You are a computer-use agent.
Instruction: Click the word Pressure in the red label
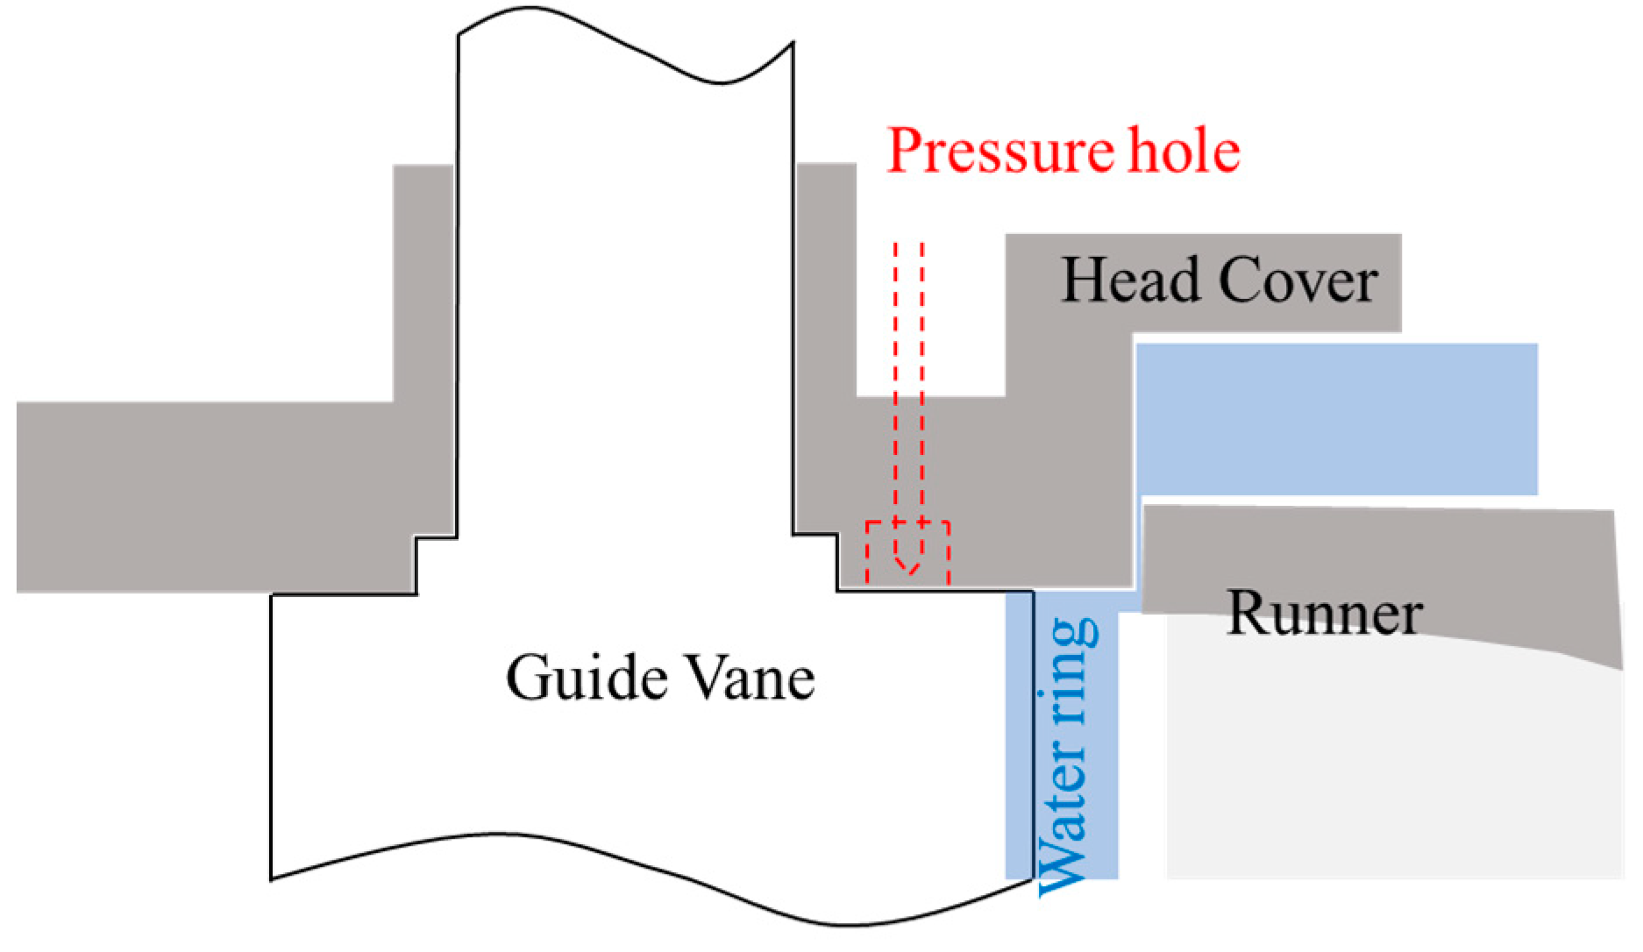tap(999, 152)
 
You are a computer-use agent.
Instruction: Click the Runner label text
tap(1324, 613)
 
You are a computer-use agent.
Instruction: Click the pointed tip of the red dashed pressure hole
tap(909, 572)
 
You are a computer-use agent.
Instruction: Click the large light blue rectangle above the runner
tap(1336, 419)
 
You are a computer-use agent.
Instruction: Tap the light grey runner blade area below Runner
tap(1394, 763)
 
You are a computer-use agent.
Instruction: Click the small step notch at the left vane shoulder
tap(417, 561)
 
